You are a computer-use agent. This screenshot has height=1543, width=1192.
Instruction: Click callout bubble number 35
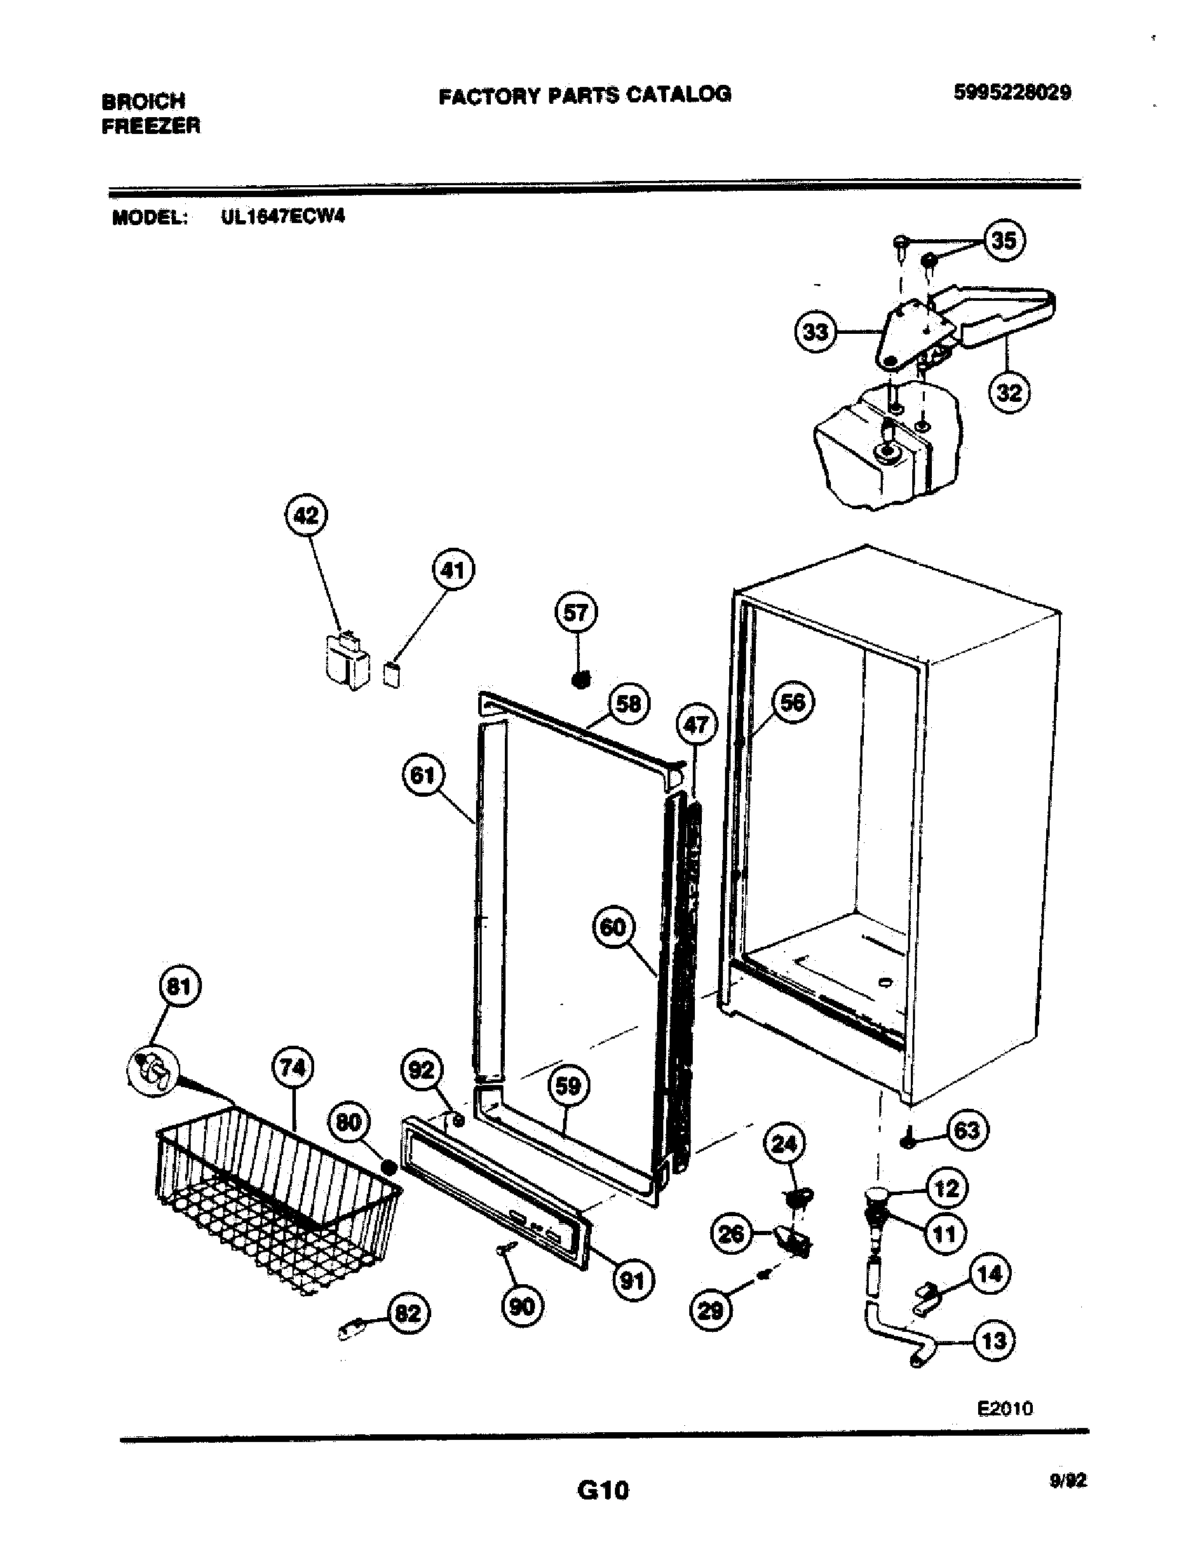click(1003, 241)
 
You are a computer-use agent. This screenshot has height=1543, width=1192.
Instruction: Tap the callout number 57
click(576, 612)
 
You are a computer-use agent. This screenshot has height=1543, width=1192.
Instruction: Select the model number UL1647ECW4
click(283, 217)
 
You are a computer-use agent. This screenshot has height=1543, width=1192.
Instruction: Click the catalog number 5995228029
click(1012, 93)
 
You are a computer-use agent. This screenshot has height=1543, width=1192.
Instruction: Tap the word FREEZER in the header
click(151, 126)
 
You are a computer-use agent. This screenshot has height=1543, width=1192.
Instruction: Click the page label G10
click(602, 1490)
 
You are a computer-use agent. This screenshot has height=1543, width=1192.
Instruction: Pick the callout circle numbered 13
click(994, 1340)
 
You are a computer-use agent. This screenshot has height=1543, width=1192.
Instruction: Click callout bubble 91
click(632, 1279)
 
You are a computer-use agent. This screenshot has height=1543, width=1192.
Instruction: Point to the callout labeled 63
click(966, 1131)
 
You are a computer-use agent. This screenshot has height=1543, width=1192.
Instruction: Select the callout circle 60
click(613, 927)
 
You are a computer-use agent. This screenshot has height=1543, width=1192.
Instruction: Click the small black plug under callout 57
click(580, 680)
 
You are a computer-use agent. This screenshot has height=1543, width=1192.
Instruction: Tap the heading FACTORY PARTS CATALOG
click(585, 94)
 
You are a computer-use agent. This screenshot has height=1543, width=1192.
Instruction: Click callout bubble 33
click(815, 331)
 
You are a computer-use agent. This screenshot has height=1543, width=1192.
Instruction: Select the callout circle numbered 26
click(731, 1233)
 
